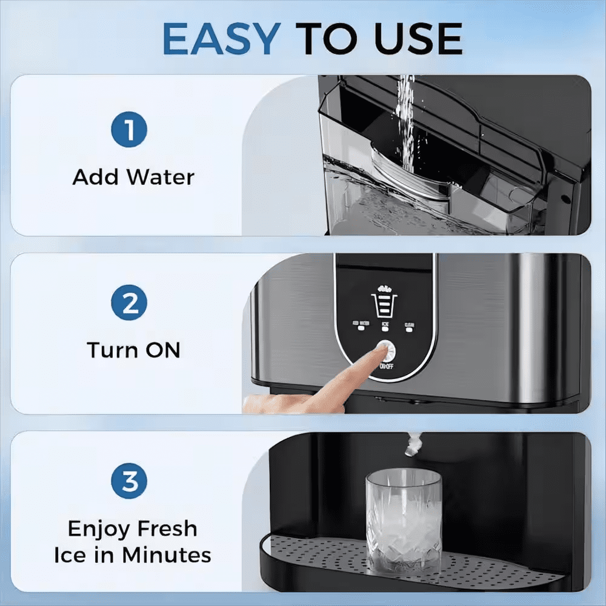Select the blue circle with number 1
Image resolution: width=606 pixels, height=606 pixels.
point(129,129)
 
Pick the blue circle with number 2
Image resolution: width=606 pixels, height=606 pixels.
point(129,304)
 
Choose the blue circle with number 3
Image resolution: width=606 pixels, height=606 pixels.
point(129,482)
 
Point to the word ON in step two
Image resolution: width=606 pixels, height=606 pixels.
point(162,350)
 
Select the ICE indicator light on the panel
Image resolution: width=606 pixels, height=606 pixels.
point(385,328)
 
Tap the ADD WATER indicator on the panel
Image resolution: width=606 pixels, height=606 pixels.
point(362,327)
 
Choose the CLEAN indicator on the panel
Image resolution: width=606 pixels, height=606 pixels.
point(410,327)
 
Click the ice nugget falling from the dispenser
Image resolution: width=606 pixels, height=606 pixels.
point(414,445)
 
